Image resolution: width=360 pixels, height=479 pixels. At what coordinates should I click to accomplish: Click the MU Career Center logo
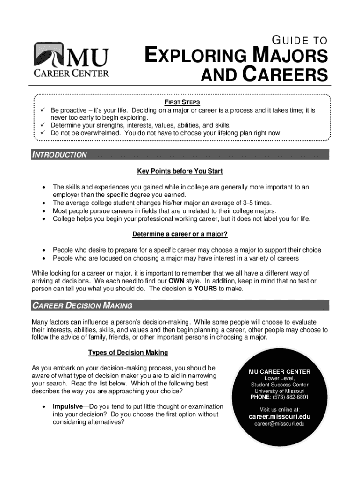coord(71,59)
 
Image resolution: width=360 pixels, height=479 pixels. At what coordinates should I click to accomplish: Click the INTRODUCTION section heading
coord(59,155)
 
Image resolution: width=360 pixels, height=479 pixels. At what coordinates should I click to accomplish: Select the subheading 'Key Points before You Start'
coord(180,171)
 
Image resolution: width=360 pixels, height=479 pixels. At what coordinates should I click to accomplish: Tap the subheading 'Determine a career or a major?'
coord(180,234)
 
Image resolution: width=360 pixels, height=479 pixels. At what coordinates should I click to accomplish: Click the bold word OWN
coord(176,281)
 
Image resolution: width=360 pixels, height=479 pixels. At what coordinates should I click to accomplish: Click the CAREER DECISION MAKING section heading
coord(82,305)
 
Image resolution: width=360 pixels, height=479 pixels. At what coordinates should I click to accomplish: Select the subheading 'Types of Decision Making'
coord(128,352)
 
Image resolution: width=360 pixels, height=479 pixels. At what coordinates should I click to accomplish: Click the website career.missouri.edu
coord(279,416)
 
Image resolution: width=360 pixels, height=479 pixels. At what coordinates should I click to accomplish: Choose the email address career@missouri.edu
coord(279,424)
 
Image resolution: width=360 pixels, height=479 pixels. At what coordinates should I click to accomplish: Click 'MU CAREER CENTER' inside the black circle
coord(279,371)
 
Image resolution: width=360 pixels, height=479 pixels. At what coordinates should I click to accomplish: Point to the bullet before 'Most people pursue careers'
coord(43,210)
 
